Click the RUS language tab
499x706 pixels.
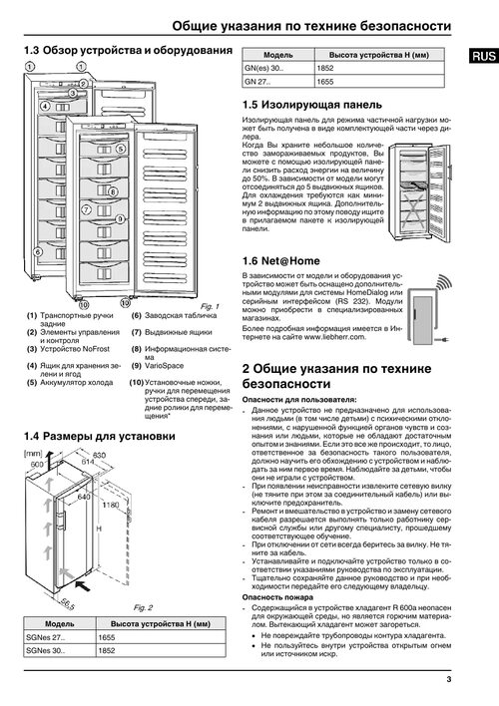click(484, 56)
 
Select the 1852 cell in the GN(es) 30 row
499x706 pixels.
click(379, 68)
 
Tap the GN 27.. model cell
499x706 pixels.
click(278, 82)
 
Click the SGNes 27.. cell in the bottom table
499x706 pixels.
click(60, 637)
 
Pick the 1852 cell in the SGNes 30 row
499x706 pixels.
click(161, 650)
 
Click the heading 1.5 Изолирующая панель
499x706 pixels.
click(312, 105)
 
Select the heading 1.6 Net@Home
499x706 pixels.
click(280, 261)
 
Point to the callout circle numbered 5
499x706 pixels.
click(121, 149)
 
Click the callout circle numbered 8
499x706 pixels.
click(113, 191)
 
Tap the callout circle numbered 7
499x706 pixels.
click(86, 209)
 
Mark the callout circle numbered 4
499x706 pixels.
click(45, 107)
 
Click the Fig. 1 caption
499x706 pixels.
click(210, 306)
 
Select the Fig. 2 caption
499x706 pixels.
click(143, 607)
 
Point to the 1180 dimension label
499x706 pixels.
click(111, 505)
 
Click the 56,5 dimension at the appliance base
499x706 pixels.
click(67, 603)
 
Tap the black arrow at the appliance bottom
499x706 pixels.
click(83, 585)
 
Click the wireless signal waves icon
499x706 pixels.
click(443, 283)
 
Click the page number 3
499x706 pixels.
click(448, 679)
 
